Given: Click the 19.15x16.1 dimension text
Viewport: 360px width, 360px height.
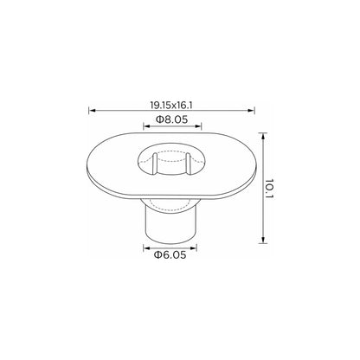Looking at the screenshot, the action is (171, 105).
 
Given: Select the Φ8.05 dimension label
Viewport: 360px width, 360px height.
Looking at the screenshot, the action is (172, 119).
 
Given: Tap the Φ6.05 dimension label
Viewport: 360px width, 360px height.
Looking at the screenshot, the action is (170, 255).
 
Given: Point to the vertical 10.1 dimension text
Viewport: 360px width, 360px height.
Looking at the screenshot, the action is (269, 189).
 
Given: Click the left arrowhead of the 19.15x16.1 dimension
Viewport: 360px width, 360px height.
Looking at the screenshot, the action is (92, 110).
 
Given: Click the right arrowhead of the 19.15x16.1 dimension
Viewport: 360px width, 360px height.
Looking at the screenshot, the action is (252, 110).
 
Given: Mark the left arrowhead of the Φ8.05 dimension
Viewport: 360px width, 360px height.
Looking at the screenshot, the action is (146, 126).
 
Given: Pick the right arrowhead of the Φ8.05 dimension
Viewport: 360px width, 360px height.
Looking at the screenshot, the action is (198, 126).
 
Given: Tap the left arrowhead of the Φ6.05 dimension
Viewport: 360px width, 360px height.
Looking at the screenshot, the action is (146, 247).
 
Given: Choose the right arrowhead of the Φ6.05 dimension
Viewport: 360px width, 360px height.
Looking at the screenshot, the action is (194, 247).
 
